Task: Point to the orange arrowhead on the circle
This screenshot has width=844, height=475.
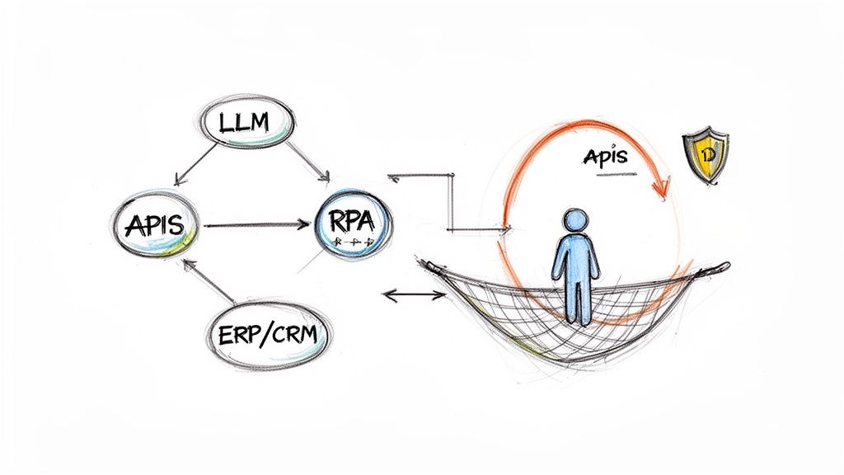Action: pyautogui.click(x=659, y=189)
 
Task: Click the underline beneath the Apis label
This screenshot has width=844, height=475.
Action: pyautogui.click(x=611, y=175)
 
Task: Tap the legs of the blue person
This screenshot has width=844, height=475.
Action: pyautogui.click(x=574, y=303)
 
